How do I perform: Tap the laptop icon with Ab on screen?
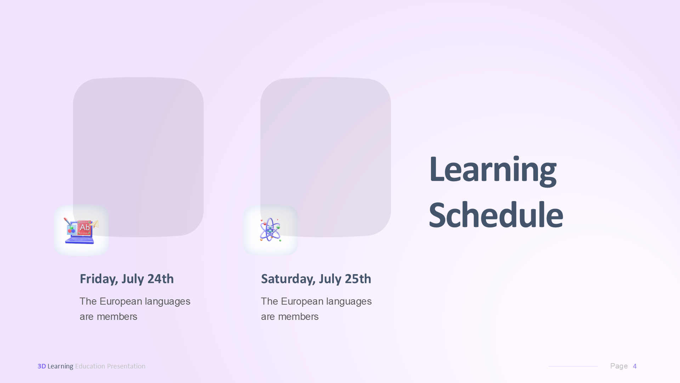click(81, 231)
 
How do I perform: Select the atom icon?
click(270, 230)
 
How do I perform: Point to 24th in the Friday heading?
click(160, 279)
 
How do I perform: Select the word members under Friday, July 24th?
click(117, 317)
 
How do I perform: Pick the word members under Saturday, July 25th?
click(298, 317)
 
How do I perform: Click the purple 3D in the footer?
click(41, 366)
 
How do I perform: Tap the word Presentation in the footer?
click(126, 366)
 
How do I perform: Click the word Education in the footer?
click(90, 366)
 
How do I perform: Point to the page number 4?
click(635, 366)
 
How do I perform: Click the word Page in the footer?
click(619, 366)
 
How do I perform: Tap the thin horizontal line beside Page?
click(573, 366)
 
